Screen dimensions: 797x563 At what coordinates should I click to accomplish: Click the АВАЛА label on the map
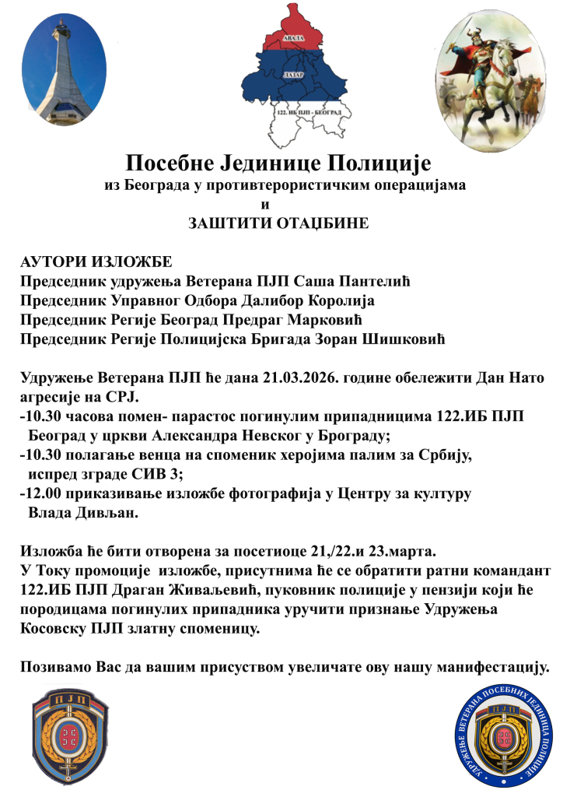tap(293, 38)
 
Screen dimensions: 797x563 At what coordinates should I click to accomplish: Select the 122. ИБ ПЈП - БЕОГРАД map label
tap(308, 114)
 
